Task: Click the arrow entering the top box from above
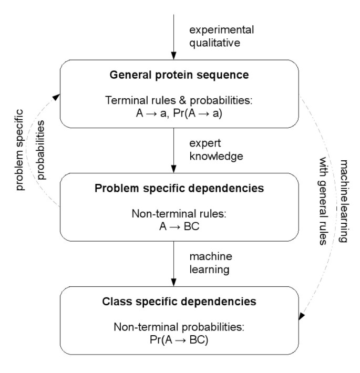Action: (x=174, y=32)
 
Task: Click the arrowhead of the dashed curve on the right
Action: (x=302, y=316)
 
